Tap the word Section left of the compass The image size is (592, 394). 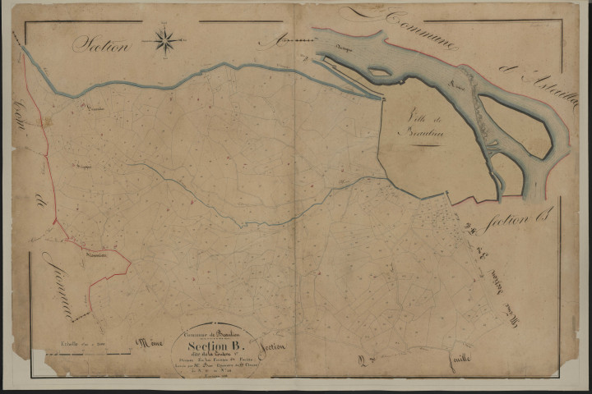point(102,44)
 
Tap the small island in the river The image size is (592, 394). point(379,71)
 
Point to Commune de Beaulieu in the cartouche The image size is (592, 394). point(215,330)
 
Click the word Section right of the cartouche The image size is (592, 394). point(271,347)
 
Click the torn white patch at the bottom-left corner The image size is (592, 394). point(39,361)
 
